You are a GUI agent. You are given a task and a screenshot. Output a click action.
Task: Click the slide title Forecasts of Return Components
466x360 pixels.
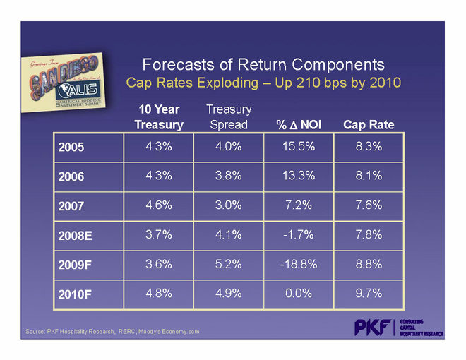click(263, 65)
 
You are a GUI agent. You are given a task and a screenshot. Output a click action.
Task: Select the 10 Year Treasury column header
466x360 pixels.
click(159, 117)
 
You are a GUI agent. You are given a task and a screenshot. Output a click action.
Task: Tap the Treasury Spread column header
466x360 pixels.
click(229, 117)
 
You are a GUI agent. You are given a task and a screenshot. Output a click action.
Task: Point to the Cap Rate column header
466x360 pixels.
click(369, 125)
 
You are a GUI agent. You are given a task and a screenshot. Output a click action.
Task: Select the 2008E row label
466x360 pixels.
click(76, 234)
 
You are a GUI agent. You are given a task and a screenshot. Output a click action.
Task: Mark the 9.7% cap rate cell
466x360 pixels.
click(369, 292)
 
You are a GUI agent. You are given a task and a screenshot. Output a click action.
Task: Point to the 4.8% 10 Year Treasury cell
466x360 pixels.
click(159, 292)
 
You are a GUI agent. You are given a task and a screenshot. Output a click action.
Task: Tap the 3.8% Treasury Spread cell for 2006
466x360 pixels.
click(229, 176)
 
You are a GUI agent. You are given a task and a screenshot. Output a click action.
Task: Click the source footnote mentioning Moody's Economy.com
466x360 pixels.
click(112, 331)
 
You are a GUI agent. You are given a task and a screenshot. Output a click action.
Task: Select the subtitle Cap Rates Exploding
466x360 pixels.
click(263, 83)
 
